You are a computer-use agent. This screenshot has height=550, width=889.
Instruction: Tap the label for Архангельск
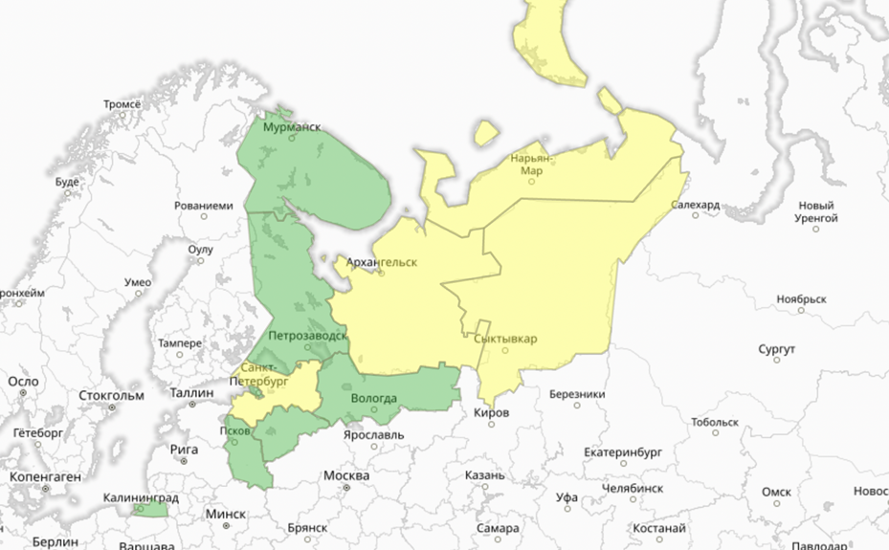pyautogui.click(x=382, y=261)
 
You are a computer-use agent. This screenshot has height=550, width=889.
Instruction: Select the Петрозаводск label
pyautogui.click(x=307, y=336)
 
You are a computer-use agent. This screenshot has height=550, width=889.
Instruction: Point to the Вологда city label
pyautogui.click(x=374, y=398)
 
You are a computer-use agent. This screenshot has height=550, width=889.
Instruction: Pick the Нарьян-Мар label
pyautogui.click(x=532, y=164)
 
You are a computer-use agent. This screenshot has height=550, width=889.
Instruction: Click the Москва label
pyautogui.click(x=345, y=475)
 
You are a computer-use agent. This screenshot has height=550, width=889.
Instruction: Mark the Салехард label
pyautogui.click(x=695, y=205)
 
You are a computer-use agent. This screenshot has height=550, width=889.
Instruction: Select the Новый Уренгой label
pyautogui.click(x=816, y=211)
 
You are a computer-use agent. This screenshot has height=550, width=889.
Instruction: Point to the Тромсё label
pyautogui.click(x=122, y=103)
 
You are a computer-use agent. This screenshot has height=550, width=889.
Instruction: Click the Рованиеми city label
pyautogui.click(x=203, y=205)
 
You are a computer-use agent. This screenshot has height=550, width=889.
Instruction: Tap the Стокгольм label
pyautogui.click(x=111, y=395)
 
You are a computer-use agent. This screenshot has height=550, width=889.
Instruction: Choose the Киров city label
pyautogui.click(x=492, y=412)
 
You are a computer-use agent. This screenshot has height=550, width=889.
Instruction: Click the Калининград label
pyautogui.click(x=142, y=497)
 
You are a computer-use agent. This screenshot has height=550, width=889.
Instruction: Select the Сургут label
pyautogui.click(x=776, y=350)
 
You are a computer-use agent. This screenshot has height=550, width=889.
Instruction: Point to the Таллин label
pyautogui.click(x=191, y=392)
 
